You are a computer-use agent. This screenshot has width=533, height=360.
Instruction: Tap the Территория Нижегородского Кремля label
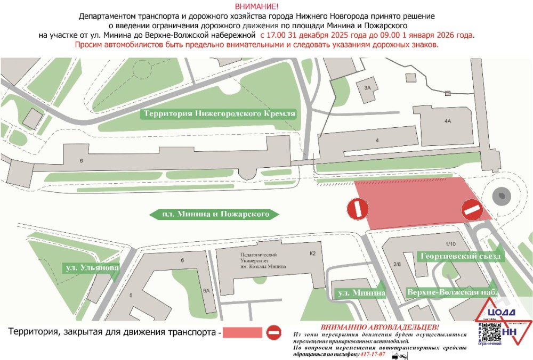tap(219, 114)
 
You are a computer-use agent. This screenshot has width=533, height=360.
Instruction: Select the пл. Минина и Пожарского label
tap(214, 215)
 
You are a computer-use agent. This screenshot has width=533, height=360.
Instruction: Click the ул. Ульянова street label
tap(90, 267)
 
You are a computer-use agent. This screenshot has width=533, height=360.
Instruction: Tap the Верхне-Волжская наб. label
tap(453, 292)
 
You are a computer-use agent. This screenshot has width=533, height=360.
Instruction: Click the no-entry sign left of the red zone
tap(357, 208)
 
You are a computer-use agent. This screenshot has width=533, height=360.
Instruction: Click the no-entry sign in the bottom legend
tap(274, 333)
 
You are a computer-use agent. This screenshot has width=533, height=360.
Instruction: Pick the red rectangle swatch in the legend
tap(243, 333)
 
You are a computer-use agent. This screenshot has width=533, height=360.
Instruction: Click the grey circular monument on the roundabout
tap(502, 196)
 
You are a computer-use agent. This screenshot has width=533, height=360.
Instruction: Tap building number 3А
tap(367, 87)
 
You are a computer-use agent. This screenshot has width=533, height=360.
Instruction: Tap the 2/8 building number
tap(397, 264)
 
